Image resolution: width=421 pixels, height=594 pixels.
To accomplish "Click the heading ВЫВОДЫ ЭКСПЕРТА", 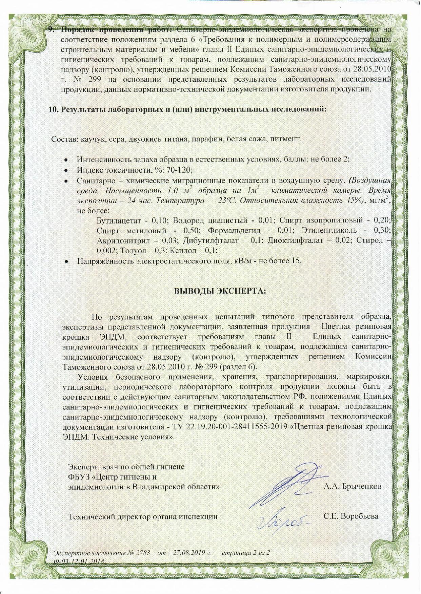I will pos(220,291).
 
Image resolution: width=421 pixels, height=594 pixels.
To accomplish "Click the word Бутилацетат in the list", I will pos(118,220).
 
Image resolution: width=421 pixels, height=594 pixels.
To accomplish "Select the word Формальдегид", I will pos(234,231).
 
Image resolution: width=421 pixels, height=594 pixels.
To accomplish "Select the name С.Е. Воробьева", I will pos(351,516).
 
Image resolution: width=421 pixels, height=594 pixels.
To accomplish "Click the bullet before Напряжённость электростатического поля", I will pos(67,261).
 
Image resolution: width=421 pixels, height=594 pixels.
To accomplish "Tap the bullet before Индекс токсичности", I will pos(67,170).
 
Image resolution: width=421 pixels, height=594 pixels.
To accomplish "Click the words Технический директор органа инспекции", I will pos(143,517).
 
